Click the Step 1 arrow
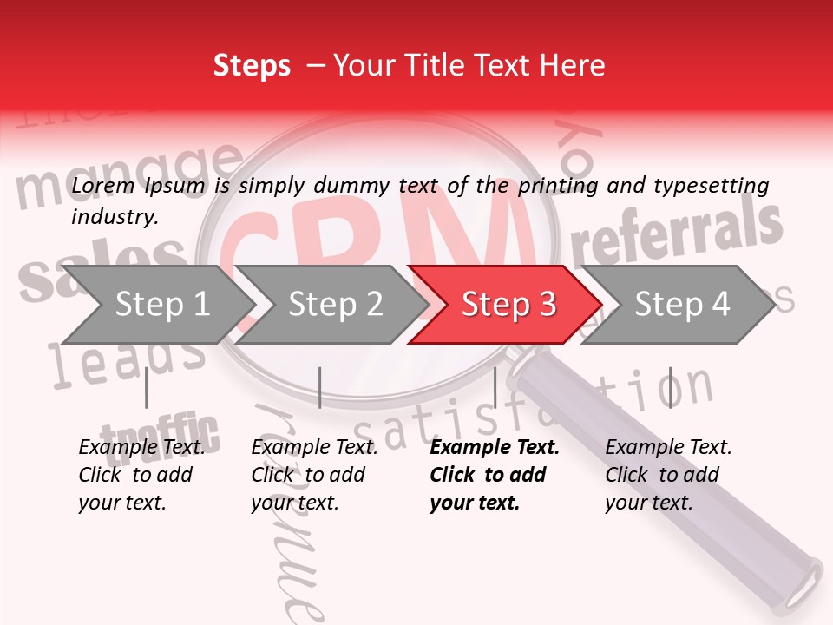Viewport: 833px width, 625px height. click(x=161, y=305)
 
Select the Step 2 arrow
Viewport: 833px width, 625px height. click(x=334, y=305)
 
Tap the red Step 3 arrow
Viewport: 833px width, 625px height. click(x=508, y=305)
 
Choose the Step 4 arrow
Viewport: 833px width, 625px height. click(x=681, y=305)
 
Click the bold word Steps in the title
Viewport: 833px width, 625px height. click(x=252, y=66)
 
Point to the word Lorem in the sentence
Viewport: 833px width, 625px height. click(x=102, y=186)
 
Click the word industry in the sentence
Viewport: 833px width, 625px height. click(x=113, y=217)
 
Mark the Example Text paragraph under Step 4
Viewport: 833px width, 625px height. click(x=668, y=475)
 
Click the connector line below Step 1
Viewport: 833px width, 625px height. click(x=147, y=387)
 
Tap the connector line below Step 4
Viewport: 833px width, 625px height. click(x=670, y=387)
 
